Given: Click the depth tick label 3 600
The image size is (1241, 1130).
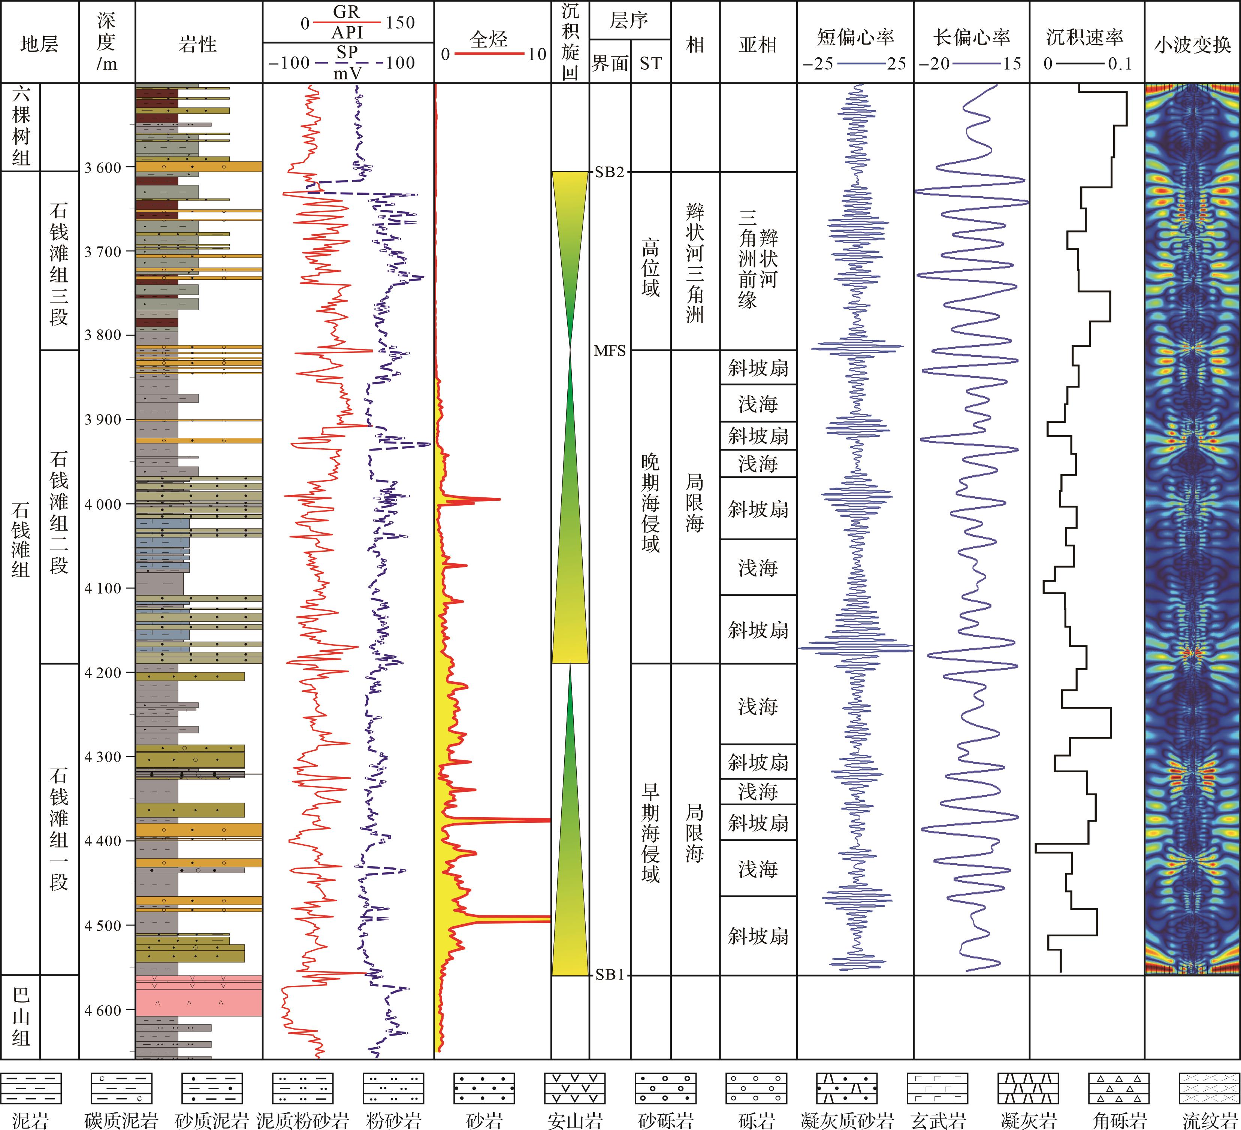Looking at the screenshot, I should click(103, 167).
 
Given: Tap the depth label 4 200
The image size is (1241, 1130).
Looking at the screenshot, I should click(103, 673).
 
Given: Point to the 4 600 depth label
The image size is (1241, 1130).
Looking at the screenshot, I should click(103, 1010).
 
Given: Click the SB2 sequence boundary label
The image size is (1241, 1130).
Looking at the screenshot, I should click(609, 172).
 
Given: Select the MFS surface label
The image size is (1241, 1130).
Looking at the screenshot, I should click(609, 351).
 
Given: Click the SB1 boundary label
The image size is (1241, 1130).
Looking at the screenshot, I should click(609, 975).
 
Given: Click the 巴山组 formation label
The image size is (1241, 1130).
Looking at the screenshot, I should click(21, 1017).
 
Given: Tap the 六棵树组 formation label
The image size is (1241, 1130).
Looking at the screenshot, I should click(21, 126).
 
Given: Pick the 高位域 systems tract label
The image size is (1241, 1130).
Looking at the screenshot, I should click(650, 268).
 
